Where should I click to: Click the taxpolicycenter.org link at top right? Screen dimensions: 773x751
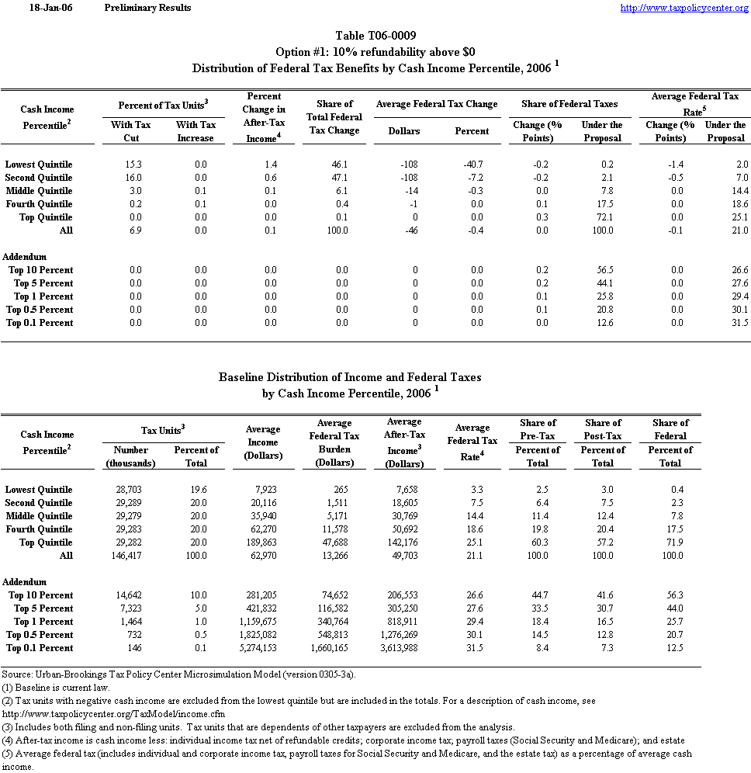[684, 8]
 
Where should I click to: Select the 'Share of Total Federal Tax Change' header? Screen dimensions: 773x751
[334, 117]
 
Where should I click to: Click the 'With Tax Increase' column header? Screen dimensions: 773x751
[196, 131]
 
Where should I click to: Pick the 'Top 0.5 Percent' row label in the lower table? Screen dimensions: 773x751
[40, 635]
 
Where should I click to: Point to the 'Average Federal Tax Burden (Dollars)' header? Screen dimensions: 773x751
[334, 443]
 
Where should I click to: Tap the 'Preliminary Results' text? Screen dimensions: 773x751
[147, 8]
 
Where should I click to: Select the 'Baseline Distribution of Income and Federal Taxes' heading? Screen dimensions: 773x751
[350, 377]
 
